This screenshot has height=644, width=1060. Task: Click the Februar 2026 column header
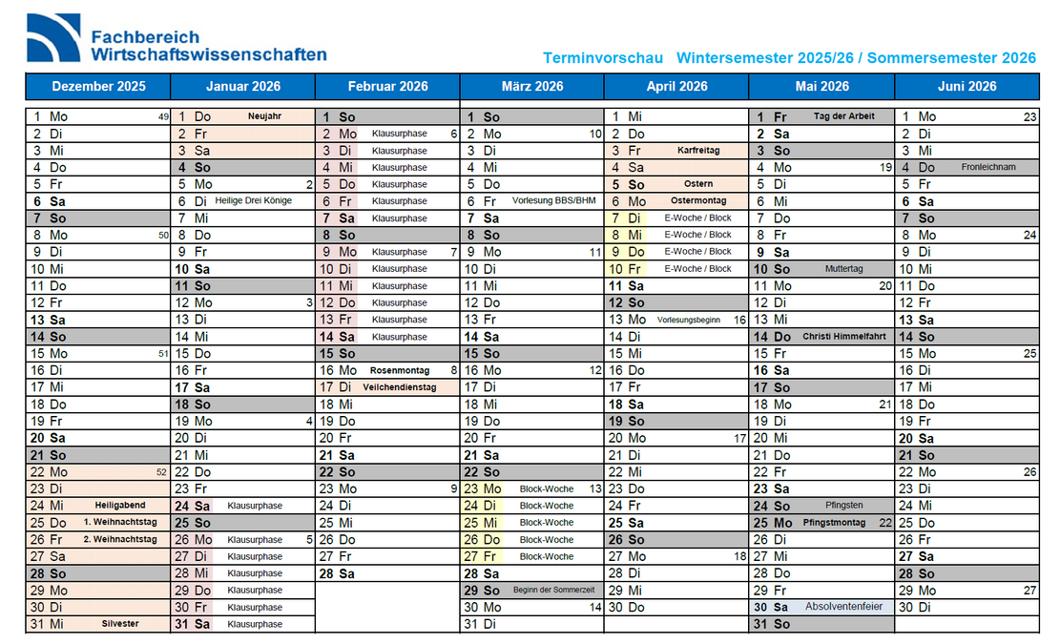[x=387, y=86]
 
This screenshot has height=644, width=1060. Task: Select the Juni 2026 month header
[x=966, y=86]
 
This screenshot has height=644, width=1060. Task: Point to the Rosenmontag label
[x=400, y=370]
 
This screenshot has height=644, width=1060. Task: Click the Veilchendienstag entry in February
[x=400, y=387]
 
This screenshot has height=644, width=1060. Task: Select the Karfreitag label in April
[x=698, y=151]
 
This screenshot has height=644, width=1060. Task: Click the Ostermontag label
[x=698, y=201]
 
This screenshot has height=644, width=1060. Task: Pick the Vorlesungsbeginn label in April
[x=689, y=320]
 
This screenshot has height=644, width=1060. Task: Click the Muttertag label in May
[x=844, y=269]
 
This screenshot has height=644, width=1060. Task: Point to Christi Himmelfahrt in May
[x=845, y=337]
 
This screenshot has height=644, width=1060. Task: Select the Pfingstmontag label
[x=834, y=523]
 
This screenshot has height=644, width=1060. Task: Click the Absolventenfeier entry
[x=844, y=607]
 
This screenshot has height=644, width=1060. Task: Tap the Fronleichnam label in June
[x=988, y=167]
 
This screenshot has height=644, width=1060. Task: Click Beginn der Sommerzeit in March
[x=553, y=591]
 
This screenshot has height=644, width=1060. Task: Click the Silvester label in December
[x=120, y=624]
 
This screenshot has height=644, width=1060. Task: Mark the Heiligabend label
[x=120, y=506]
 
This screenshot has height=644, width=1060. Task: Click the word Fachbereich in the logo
[x=145, y=37]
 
